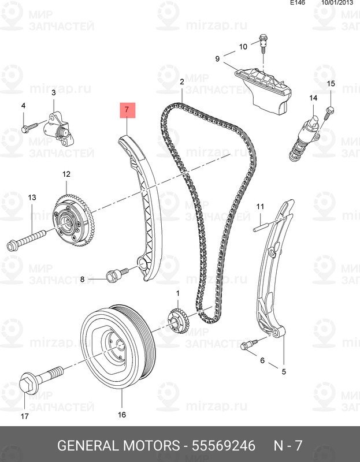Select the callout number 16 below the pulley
pos(122,414)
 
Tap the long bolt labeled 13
pos(29,238)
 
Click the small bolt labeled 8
pos(114,274)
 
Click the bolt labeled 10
pos(263,42)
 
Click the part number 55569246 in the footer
pos(223,446)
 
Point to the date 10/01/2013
pos(337,3)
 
